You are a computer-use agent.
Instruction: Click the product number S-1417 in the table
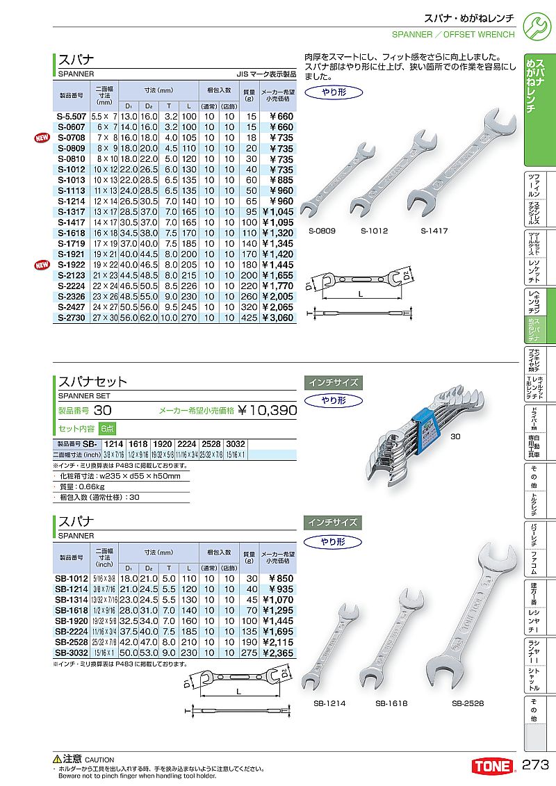click(x=71, y=222)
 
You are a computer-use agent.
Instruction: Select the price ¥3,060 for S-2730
click(x=278, y=318)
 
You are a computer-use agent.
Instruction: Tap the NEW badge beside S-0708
click(x=40, y=138)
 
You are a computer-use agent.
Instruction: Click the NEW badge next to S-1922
click(x=40, y=265)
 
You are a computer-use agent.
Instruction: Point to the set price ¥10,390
click(x=268, y=411)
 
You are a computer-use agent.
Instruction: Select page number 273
click(x=536, y=766)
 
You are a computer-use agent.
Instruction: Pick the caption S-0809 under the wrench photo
click(x=322, y=231)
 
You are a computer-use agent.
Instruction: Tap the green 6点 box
click(x=107, y=429)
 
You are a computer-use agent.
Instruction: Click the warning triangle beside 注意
click(x=58, y=760)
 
